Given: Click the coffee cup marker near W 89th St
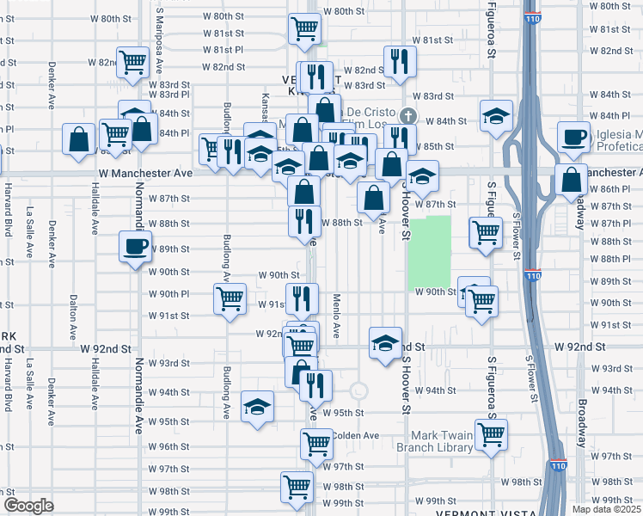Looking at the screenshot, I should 136,248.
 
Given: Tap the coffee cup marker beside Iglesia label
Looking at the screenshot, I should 573,136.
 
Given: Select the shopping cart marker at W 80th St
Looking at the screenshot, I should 305,29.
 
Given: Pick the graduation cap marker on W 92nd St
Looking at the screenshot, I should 386,343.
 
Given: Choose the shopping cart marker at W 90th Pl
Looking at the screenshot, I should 230,298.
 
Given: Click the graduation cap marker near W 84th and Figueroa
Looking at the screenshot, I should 496,116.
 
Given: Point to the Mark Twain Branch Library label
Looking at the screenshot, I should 435,441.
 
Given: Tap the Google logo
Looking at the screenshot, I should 28,506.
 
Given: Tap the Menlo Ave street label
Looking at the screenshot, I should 337,315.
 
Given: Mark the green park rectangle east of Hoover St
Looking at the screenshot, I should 429,251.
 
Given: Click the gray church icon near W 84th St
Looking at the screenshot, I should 408,114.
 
